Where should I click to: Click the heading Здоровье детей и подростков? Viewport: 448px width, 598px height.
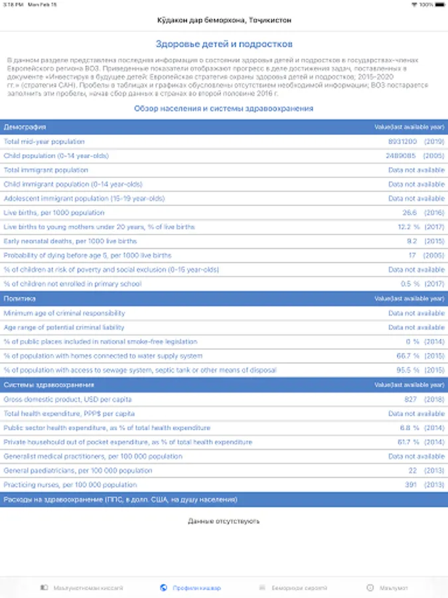224,45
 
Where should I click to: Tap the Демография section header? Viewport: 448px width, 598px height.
25,126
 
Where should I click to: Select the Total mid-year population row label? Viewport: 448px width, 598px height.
44,142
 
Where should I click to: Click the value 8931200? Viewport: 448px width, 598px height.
402,142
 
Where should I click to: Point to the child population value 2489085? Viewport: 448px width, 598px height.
400,155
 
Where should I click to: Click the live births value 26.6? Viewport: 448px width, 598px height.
409,213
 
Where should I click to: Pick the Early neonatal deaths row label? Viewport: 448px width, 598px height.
70,241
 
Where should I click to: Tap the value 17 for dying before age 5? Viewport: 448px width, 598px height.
412,256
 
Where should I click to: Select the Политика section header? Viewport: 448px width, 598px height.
20,299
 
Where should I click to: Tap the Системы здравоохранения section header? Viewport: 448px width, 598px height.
49,385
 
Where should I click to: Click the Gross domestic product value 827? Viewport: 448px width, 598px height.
410,399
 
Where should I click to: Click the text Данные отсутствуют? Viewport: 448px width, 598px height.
224,521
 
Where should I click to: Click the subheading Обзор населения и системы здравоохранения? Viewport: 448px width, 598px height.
224,108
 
